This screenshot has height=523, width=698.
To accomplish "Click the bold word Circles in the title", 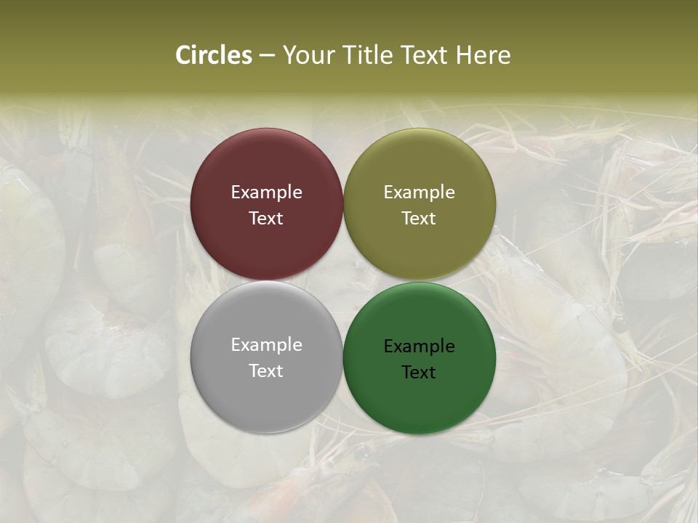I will [214, 55].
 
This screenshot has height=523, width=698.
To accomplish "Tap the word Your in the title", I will [307, 55].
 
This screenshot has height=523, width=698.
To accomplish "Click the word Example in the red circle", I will [266, 192].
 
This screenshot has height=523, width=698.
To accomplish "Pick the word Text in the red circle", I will [266, 219].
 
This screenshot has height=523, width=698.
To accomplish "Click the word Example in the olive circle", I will [419, 192].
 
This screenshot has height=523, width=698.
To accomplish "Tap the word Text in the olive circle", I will [419, 219].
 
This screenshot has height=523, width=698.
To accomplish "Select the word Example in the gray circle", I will [266, 345].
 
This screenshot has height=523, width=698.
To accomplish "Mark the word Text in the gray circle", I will [266, 371].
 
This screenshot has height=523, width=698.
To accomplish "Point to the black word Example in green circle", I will [419, 346].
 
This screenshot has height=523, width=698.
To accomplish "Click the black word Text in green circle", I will [419, 373].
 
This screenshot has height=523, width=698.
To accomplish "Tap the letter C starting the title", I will [183, 55].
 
